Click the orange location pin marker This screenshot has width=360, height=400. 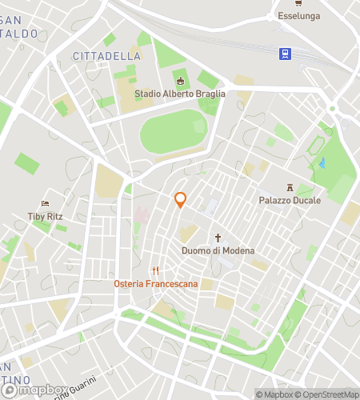[x=181, y=200]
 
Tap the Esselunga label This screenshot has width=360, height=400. [x=298, y=15]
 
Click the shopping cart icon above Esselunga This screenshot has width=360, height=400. [x=298, y=3]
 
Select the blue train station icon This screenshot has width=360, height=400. [x=284, y=54]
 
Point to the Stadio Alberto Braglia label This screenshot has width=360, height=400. [x=180, y=94]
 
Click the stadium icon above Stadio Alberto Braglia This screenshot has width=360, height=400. [x=180, y=81]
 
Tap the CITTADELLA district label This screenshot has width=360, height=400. [x=106, y=56]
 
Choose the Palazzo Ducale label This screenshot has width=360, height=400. [x=289, y=200]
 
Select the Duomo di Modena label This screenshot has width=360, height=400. [x=217, y=250]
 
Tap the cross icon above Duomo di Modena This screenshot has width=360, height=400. [x=217, y=238]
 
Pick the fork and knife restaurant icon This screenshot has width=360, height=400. [x=156, y=270]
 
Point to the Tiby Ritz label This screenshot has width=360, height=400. [x=45, y=216]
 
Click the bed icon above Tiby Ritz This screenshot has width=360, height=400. [x=46, y=203]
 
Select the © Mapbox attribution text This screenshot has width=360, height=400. [x=275, y=394]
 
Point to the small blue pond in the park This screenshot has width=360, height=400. [x=322, y=162]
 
